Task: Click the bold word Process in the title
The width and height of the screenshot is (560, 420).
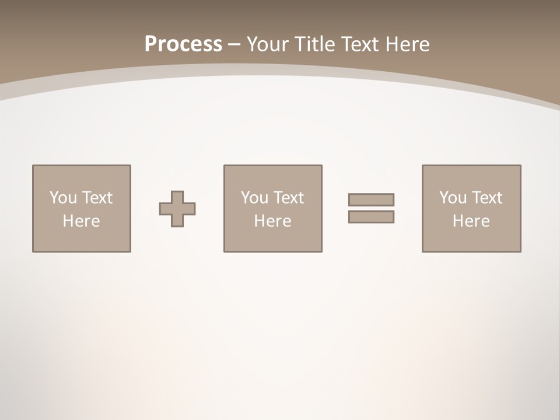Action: (x=183, y=44)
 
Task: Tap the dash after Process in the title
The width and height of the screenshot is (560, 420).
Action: (x=235, y=44)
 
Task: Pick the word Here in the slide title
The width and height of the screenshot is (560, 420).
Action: (x=408, y=44)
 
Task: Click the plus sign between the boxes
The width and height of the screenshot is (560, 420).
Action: (x=177, y=209)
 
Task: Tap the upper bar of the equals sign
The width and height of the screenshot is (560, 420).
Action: (x=371, y=199)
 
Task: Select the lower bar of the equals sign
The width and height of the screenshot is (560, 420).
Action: (x=371, y=216)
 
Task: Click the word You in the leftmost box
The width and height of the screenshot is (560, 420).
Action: (x=63, y=198)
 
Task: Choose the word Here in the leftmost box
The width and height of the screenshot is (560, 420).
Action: (x=81, y=221)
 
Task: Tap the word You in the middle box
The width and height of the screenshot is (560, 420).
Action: (x=254, y=198)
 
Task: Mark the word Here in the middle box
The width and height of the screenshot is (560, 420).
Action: (x=272, y=221)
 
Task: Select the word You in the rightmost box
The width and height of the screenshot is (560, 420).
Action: (x=453, y=198)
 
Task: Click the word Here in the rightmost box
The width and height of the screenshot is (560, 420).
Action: (x=471, y=221)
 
